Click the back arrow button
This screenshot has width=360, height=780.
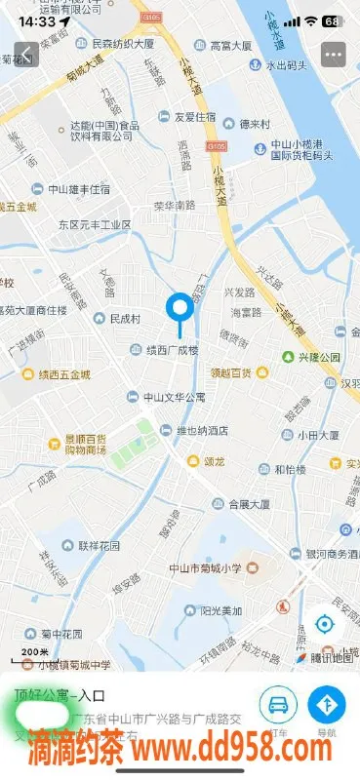(26, 54)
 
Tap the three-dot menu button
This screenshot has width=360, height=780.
(334, 54)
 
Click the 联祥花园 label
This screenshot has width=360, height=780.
(96, 545)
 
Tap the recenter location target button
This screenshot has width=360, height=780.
(324, 623)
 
